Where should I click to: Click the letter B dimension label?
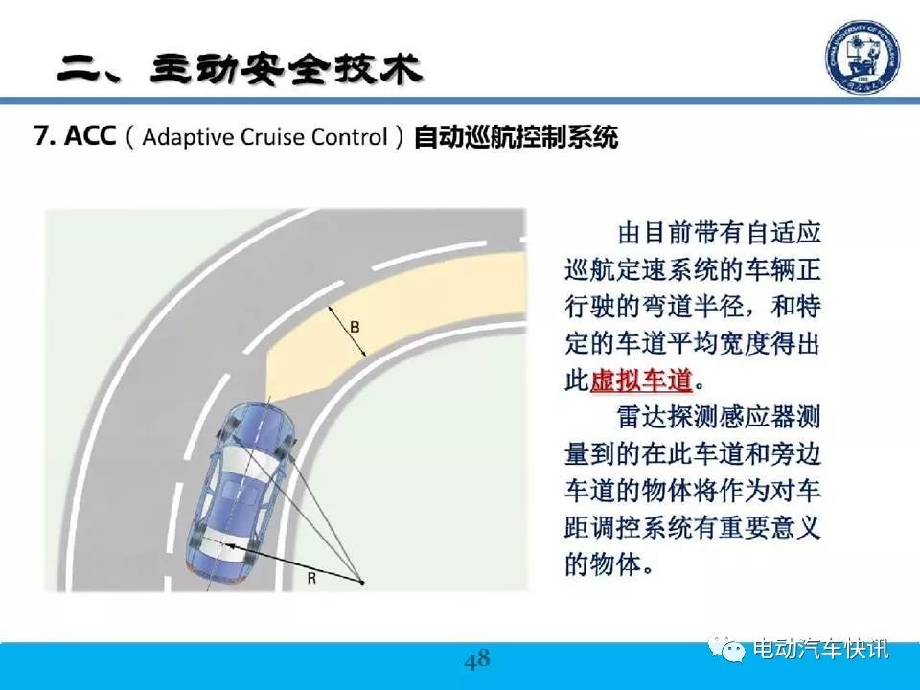pos(355,327)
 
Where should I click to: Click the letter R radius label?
pos(311,579)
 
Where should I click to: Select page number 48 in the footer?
pos(477,660)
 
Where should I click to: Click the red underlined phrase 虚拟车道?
pos(641,380)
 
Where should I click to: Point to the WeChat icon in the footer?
pos(728,648)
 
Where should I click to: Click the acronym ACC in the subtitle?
pos(90,136)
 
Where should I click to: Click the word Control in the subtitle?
pos(350,137)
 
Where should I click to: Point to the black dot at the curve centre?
pos(362,583)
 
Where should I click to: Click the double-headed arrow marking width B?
pos(347,332)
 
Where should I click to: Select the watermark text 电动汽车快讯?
pos(821,649)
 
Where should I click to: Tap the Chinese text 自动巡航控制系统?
pos(516,137)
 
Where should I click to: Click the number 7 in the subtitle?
pos(41,136)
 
